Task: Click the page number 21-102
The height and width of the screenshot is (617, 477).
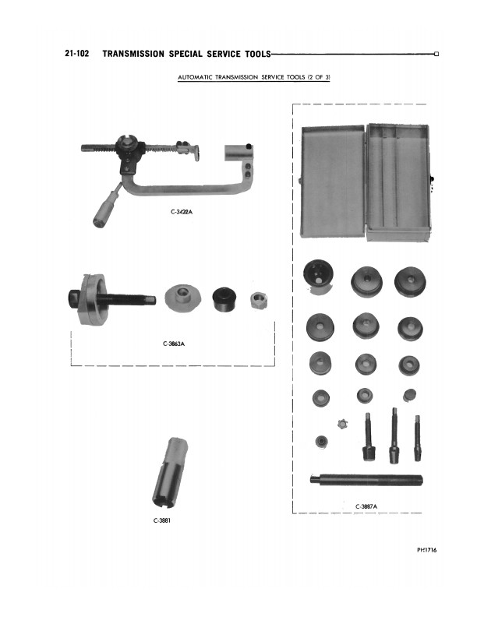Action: (77, 54)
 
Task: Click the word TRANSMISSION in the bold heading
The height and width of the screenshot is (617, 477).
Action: (133, 54)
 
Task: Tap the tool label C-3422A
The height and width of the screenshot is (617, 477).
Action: (182, 212)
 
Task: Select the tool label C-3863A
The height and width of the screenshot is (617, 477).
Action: (174, 344)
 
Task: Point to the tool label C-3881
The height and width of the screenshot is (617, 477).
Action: (162, 520)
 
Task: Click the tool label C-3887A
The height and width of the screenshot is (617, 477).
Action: (366, 506)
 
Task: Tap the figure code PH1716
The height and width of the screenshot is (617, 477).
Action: (426, 550)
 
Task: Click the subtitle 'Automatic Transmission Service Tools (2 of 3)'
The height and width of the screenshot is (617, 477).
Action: (254, 77)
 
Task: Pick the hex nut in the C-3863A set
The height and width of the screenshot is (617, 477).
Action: (259, 301)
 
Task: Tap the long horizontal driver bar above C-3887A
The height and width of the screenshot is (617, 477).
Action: (366, 480)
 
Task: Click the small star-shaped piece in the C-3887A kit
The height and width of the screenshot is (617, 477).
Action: (343, 424)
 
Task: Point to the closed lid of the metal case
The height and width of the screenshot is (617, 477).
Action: (333, 182)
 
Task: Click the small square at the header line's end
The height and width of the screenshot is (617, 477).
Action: (436, 55)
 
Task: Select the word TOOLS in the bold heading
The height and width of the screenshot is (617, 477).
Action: (258, 54)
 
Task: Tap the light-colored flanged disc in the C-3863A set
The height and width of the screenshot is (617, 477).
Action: (182, 297)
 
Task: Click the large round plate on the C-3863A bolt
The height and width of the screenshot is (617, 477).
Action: (93, 299)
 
